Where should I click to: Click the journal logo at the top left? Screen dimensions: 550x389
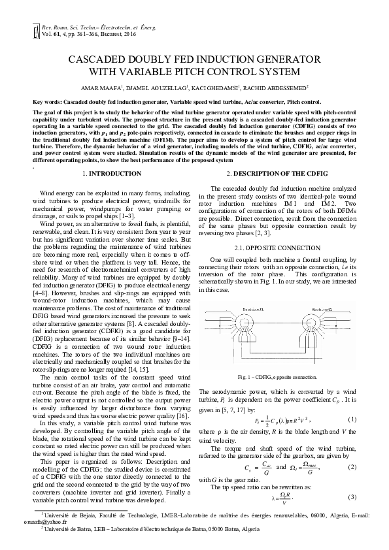click(x=36, y=30)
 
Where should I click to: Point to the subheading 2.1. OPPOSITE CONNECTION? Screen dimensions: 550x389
click(x=277, y=231)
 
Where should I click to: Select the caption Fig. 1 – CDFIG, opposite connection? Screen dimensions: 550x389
click(x=277, y=378)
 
